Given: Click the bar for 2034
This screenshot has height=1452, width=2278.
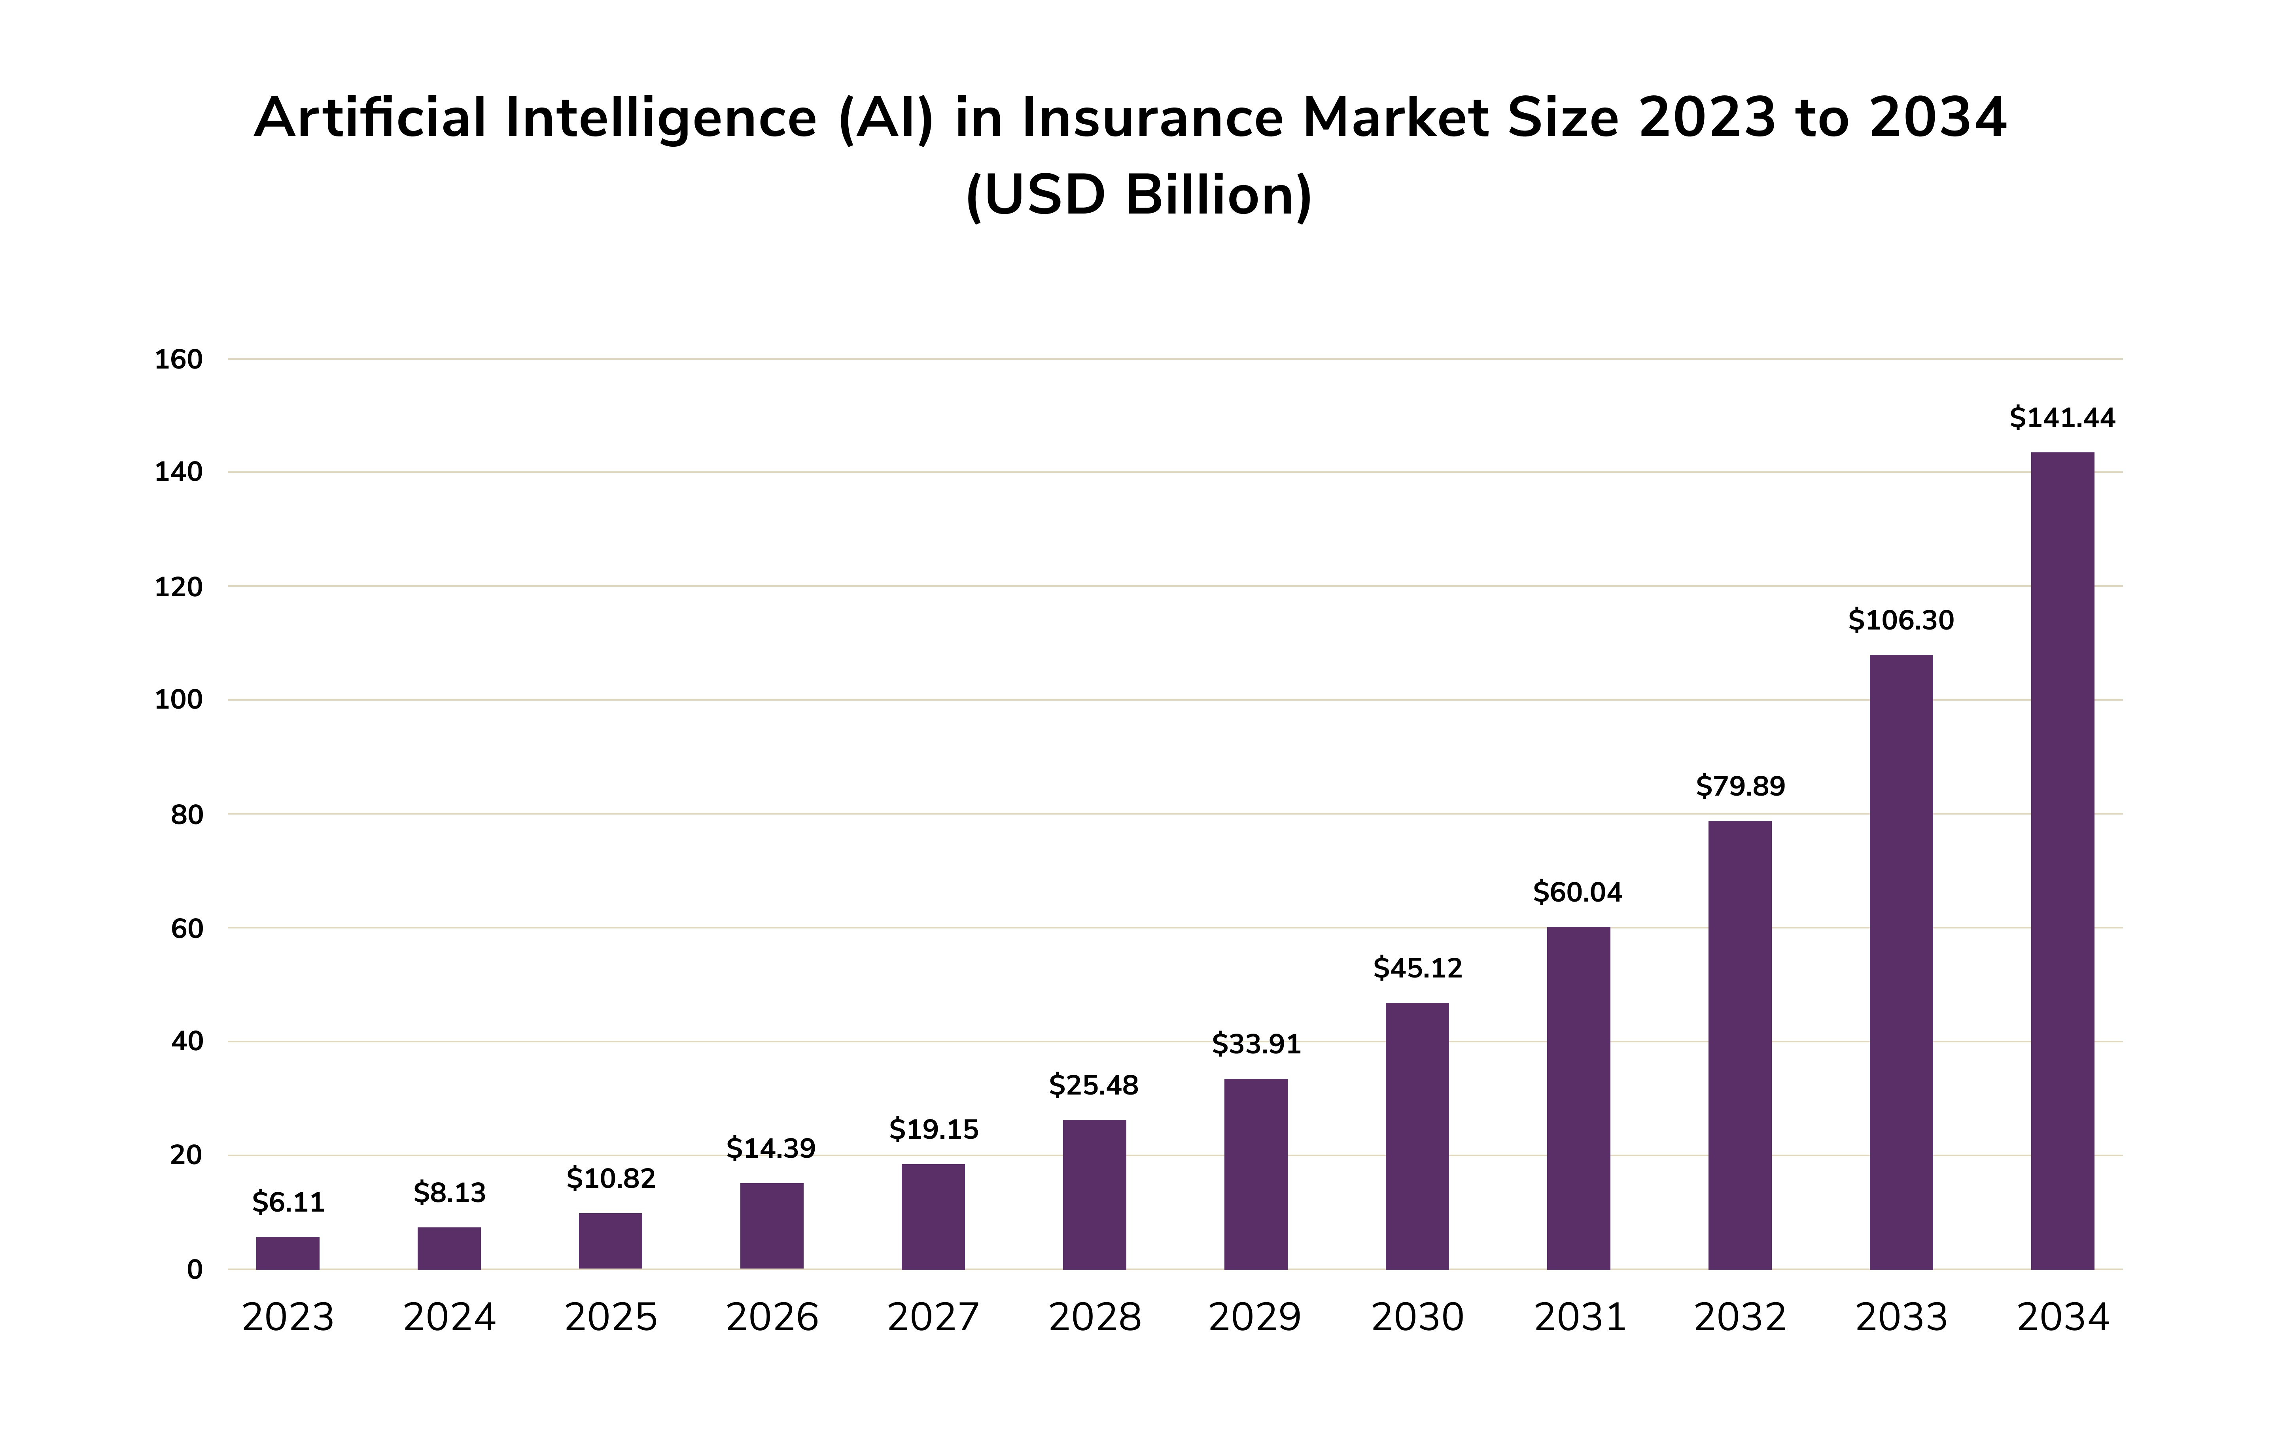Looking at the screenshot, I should click(x=2062, y=861).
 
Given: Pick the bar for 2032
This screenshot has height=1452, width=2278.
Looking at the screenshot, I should click(x=1740, y=1045).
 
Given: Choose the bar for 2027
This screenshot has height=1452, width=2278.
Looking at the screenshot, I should click(x=933, y=1216).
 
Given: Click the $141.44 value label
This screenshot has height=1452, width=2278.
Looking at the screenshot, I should click(x=2062, y=417).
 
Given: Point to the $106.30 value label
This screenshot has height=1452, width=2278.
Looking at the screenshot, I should click(x=1901, y=620).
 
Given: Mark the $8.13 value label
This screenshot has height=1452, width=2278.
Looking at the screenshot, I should click(x=449, y=1193).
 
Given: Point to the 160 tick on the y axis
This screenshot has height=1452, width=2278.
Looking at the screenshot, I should click(x=179, y=359).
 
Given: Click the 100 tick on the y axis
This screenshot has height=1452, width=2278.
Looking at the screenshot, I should click(x=179, y=700).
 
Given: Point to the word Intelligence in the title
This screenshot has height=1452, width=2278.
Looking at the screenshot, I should click(x=661, y=118).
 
